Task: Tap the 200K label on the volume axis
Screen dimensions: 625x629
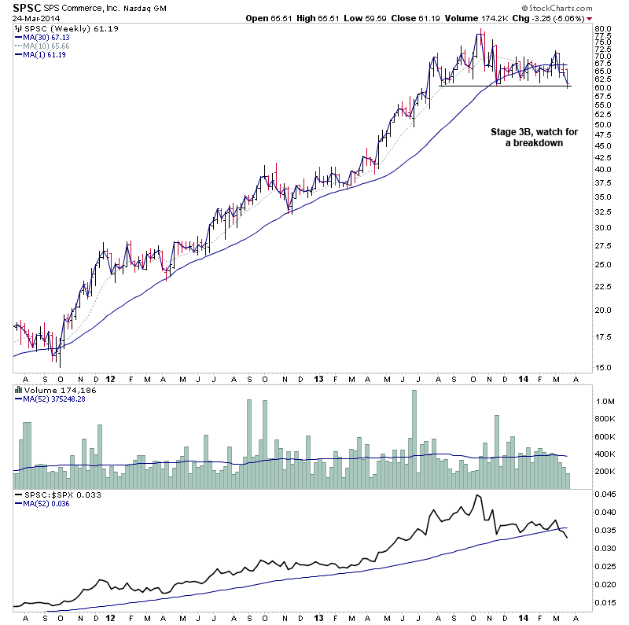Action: coord(605,472)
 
